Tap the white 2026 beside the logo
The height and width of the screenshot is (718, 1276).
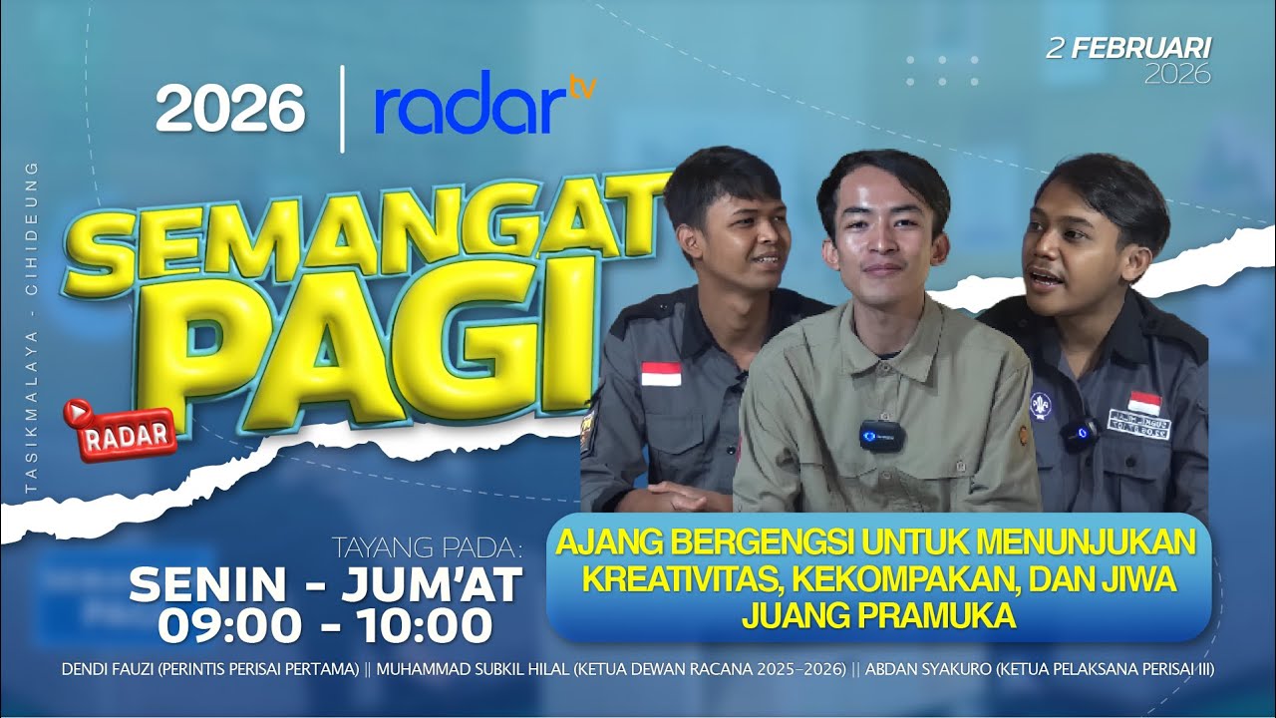tap(229, 108)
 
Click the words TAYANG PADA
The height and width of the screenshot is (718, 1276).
tap(428, 547)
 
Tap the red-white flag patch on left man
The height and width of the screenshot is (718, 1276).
tap(661, 374)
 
